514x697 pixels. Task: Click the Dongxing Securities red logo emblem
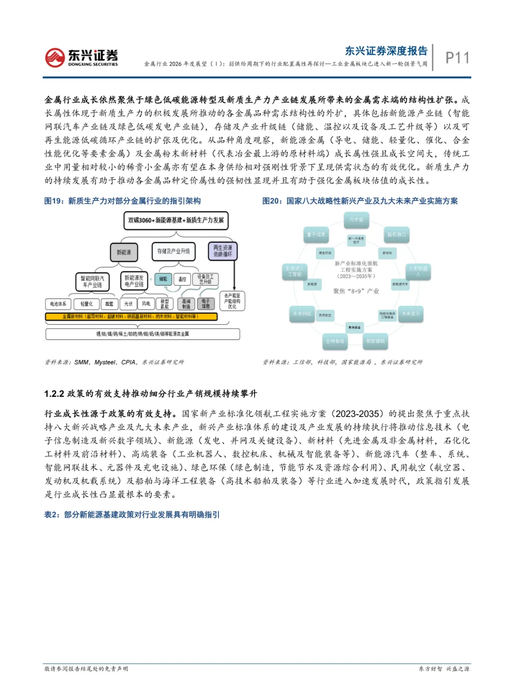[55, 58]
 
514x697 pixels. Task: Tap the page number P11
[457, 58]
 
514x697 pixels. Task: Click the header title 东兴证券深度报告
[386, 51]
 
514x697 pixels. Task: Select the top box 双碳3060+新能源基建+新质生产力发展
[176, 220]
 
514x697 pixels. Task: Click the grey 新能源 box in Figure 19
[124, 252]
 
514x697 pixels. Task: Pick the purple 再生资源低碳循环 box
[223, 251]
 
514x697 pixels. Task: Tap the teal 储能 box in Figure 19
[163, 279]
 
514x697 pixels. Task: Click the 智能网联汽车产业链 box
[92, 281]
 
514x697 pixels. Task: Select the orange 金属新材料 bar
[131, 317]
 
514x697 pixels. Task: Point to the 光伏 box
[128, 303]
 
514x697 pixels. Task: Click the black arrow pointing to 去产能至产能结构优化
[234, 285]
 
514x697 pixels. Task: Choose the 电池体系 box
[58, 303]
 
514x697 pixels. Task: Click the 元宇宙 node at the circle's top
[356, 220]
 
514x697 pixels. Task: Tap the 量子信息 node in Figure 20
[316, 234]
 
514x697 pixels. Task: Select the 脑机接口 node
[396, 234]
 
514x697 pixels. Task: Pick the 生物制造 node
[335, 341]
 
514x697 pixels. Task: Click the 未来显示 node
[410, 314]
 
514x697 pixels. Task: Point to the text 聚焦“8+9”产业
[356, 291]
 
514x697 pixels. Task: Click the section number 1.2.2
[54, 394]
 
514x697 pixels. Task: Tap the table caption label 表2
[51, 514]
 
